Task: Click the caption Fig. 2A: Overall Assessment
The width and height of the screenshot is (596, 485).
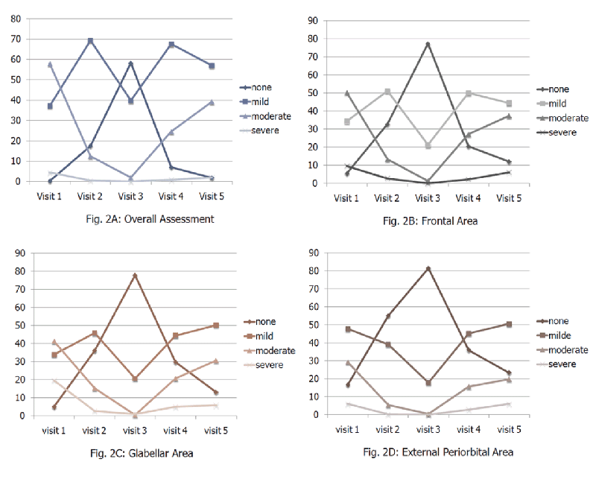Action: [150, 219]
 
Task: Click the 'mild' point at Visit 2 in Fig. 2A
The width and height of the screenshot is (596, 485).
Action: [91, 41]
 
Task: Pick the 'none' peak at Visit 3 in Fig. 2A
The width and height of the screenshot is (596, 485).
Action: [131, 63]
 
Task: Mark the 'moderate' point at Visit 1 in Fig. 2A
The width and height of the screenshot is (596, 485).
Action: [51, 65]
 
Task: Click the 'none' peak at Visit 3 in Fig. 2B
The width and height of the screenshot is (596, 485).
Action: [428, 45]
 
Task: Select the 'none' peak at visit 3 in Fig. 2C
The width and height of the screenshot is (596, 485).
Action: [135, 276]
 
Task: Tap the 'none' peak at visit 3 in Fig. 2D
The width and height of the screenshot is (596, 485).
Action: [428, 268]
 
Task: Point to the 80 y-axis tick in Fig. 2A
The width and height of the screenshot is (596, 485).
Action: [15, 19]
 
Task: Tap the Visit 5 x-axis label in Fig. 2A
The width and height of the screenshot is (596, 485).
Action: [212, 197]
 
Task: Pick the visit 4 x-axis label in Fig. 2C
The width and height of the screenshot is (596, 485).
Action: [175, 430]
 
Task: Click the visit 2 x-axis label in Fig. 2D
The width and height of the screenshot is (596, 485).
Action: [388, 430]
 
